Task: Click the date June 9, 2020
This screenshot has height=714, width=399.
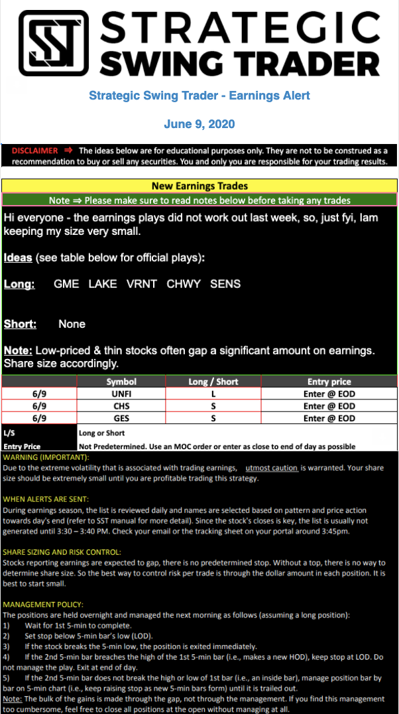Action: tap(199, 124)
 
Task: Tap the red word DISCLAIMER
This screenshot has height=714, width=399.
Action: tap(35, 151)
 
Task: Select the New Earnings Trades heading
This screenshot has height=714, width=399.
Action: tap(199, 186)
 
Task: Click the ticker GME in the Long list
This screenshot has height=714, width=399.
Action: tap(66, 284)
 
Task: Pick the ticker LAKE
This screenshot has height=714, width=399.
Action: tap(102, 284)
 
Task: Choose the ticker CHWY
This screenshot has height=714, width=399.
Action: tap(184, 284)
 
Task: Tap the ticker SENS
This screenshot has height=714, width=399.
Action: tap(225, 284)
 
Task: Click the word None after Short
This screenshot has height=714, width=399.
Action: tap(72, 324)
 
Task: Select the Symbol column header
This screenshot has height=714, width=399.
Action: tap(121, 382)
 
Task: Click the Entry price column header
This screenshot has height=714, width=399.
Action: tap(329, 382)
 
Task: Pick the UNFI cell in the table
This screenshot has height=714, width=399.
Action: tap(121, 394)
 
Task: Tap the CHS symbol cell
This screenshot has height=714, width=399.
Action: tap(121, 406)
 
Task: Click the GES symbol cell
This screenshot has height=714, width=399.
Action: tap(121, 418)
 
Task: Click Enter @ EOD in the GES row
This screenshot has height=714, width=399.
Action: tap(329, 418)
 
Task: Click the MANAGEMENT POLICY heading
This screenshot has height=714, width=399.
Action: tap(43, 605)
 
